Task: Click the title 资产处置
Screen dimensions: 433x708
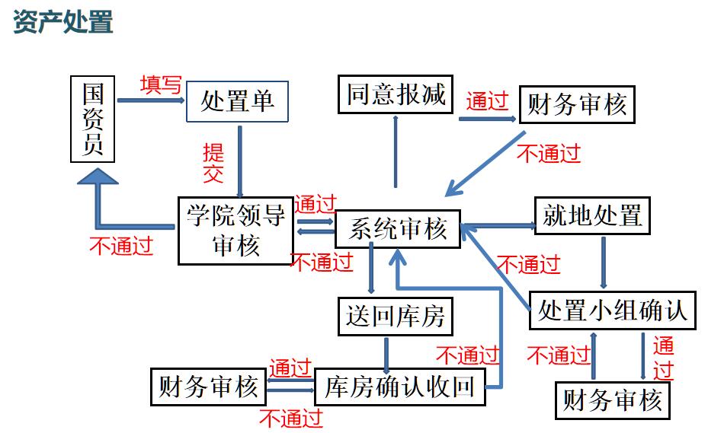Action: (63, 21)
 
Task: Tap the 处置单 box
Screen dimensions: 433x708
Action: (238, 100)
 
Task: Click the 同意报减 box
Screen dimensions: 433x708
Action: (396, 95)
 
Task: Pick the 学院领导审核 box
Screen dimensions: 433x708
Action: (235, 231)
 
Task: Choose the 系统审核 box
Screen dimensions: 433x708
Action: (398, 229)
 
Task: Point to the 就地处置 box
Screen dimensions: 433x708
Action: (592, 216)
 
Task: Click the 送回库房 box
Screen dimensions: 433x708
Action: (395, 315)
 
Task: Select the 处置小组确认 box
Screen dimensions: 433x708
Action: (613, 310)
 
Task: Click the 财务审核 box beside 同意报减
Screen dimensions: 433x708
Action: (576, 104)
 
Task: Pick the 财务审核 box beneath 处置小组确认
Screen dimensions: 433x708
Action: (613, 400)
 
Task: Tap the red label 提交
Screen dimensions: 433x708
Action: (213, 162)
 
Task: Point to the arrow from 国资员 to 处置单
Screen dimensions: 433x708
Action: (152, 100)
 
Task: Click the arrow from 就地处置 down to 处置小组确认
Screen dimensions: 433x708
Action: (604, 262)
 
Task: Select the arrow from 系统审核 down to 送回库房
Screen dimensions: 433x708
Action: (371, 271)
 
